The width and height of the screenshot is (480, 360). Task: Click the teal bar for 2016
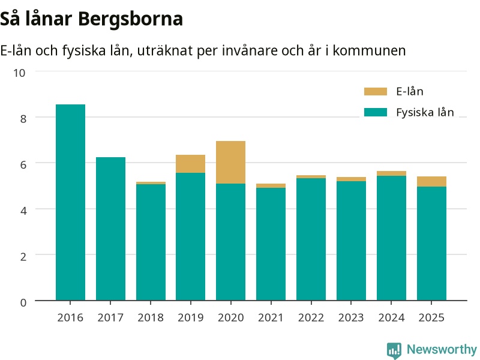(70, 202)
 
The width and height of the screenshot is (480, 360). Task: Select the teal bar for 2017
(110, 229)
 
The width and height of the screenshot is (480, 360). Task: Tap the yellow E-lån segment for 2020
(230, 162)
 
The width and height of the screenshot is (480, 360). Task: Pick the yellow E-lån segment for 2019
(190, 164)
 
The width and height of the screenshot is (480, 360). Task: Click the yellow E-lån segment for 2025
(431, 182)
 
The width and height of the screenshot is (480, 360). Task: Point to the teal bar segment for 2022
(311, 239)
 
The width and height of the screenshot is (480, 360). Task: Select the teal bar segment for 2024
(391, 238)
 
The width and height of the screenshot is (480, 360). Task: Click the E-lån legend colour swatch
(376, 92)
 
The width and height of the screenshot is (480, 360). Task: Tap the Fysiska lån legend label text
(425, 112)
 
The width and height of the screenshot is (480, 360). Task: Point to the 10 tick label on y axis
(19, 73)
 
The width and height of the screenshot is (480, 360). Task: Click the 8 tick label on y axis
(23, 119)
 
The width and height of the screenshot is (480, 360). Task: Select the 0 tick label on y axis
(23, 302)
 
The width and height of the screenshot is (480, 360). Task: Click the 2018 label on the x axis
(151, 317)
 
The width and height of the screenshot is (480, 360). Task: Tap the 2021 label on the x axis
(271, 317)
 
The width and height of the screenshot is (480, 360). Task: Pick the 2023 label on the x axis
(351, 317)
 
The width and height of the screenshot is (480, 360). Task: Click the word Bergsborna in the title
(130, 19)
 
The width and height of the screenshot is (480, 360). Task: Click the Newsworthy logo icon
(394, 350)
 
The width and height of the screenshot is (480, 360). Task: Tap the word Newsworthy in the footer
(442, 349)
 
